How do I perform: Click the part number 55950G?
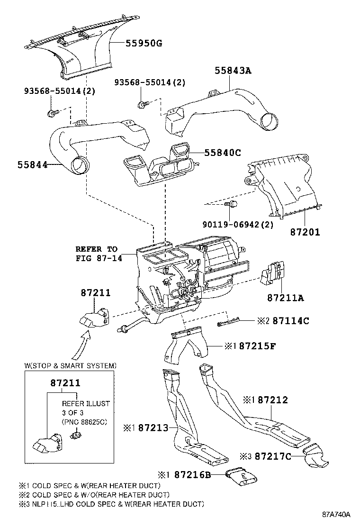pos(144,44)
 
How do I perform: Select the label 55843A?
pos(233,71)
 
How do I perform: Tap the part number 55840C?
pos(223,153)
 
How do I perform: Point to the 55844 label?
pos(33,165)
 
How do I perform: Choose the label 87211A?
pos(285,298)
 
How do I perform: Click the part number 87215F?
pos(257,346)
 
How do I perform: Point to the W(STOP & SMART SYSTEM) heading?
pos(70,365)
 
